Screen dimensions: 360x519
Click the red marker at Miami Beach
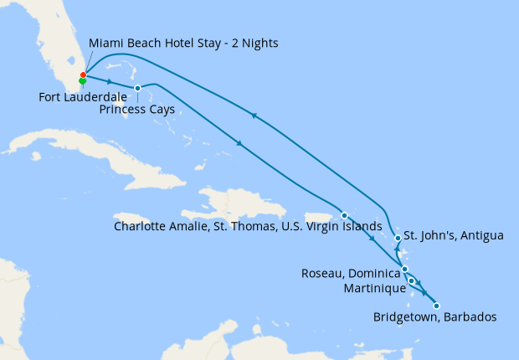coord(83,75)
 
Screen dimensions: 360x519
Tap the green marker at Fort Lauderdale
coord(83,81)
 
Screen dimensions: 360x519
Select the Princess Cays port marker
coord(137,88)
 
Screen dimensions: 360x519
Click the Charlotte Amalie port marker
coord(344,215)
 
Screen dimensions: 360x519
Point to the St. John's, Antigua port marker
coord(398,239)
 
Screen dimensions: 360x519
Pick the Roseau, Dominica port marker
coord(405,270)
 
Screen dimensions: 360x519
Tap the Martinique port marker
coord(412,281)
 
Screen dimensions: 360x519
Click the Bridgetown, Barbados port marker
coord(436,306)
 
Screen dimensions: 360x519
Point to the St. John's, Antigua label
coord(453,235)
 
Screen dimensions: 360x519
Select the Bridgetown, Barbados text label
coord(435,317)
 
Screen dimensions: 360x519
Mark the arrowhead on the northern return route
coord(254,116)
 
